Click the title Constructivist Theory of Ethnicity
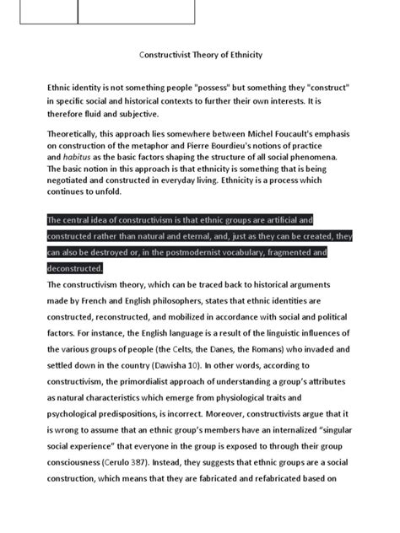click(201, 55)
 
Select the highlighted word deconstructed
click(74, 268)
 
